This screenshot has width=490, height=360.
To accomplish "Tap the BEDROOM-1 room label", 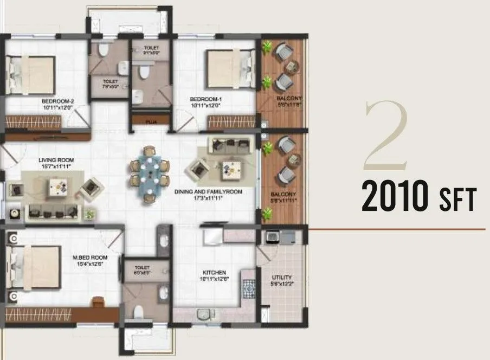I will point(205,99).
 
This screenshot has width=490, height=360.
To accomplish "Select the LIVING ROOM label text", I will point(56,160).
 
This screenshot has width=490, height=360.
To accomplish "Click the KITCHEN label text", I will point(214,272).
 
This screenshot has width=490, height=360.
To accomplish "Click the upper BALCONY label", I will point(286,98).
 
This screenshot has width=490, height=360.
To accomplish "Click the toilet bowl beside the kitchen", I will point(139,312).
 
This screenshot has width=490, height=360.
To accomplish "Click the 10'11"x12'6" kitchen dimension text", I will point(214,279).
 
